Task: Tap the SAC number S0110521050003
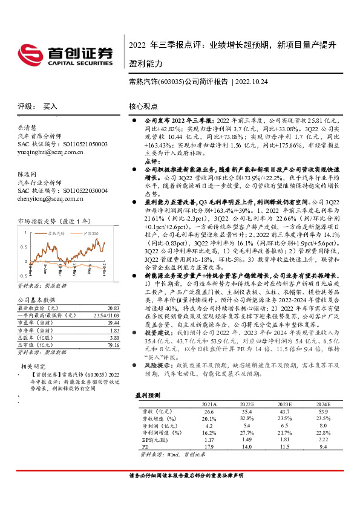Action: point(64,145)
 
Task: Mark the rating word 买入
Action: point(50,105)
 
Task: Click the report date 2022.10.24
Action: point(252,81)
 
